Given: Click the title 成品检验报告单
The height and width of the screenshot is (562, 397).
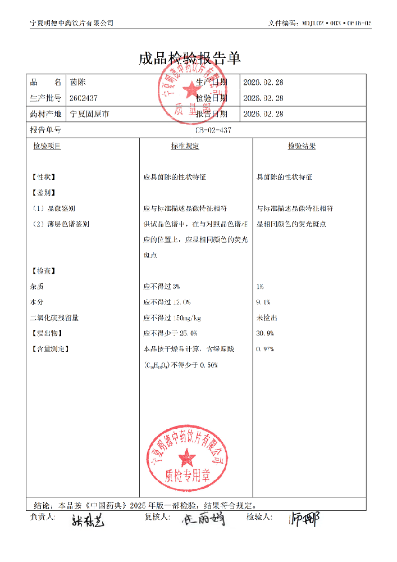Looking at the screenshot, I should [190, 58].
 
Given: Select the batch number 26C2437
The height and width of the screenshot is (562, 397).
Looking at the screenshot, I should [83, 98].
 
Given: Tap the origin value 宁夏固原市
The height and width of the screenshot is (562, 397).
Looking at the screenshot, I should [89, 114].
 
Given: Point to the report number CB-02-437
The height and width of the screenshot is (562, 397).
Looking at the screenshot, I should [213, 130].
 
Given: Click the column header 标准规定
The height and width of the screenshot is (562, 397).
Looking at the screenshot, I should [185, 146].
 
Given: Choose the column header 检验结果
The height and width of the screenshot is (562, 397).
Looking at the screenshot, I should [302, 146].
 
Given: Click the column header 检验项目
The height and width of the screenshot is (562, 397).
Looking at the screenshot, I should [47, 146].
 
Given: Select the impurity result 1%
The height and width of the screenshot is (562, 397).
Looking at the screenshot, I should [259, 287].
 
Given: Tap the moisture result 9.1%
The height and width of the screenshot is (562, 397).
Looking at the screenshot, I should [263, 302].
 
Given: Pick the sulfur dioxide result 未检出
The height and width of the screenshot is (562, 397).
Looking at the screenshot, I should [266, 318].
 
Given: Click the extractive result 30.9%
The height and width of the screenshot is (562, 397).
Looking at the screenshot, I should [264, 333].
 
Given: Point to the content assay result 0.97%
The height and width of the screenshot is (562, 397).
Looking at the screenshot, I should [264, 349].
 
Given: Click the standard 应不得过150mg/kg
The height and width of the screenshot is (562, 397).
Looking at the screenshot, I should [172, 318].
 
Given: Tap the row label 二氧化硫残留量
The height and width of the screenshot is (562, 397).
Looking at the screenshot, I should [54, 318].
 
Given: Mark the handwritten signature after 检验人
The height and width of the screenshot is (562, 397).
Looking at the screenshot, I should [304, 520].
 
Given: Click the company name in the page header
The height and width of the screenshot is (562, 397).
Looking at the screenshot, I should [71, 23].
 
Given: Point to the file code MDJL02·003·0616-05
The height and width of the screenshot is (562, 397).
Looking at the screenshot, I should [335, 23].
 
